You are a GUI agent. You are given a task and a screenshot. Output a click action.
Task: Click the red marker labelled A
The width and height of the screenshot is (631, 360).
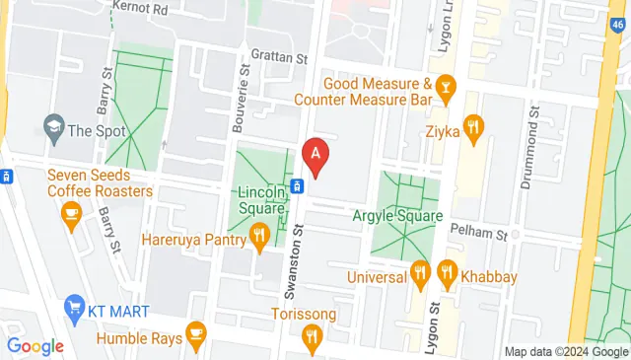pyautogui.click(x=315, y=154)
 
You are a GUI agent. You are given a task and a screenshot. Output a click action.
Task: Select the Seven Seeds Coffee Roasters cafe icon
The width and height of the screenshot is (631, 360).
pyautogui.click(x=71, y=213)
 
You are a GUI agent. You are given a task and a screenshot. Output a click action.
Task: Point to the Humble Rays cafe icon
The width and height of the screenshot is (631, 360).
pyautogui.click(x=196, y=333)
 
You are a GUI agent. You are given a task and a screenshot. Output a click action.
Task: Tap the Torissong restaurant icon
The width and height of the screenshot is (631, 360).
pyautogui.click(x=312, y=337)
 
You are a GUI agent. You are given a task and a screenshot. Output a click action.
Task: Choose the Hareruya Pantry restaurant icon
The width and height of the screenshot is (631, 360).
pyautogui.click(x=259, y=235)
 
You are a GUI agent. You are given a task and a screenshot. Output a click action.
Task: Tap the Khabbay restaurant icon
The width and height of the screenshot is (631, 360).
pyautogui.click(x=447, y=271)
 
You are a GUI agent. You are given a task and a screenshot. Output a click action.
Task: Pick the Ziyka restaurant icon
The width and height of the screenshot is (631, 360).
pyautogui.click(x=475, y=127)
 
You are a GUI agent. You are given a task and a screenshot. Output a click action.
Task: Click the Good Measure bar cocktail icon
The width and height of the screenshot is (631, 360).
pyautogui.click(x=446, y=87)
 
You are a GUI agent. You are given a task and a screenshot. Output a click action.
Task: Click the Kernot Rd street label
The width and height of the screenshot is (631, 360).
pyautogui.click(x=141, y=8)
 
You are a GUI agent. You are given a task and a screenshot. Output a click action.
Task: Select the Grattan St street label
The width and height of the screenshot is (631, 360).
pyautogui.click(x=278, y=56)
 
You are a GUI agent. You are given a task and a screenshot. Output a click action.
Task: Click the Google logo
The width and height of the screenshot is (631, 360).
pyautogui.click(x=35, y=346)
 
